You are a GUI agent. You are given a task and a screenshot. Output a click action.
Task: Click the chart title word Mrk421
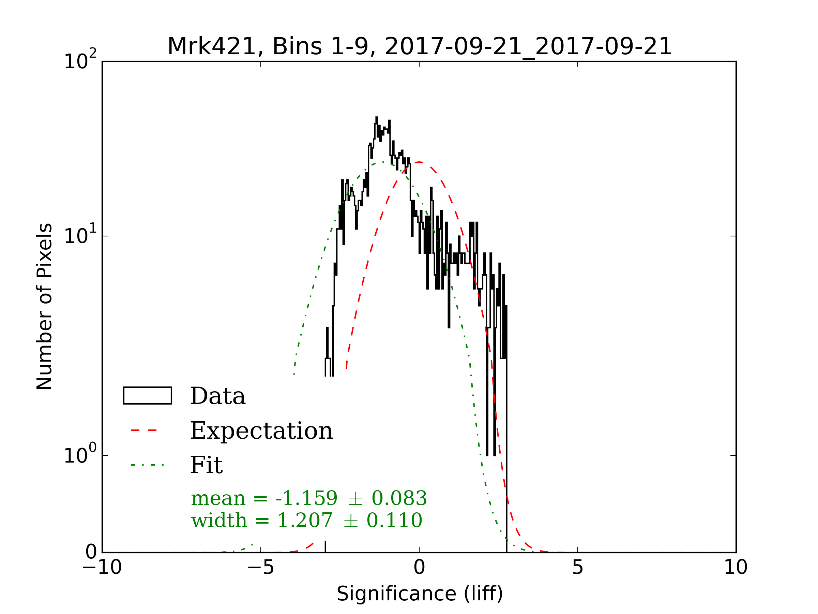(212, 47)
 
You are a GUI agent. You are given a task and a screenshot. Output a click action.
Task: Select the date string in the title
(528, 47)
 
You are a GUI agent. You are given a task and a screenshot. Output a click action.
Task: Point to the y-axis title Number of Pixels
(44, 306)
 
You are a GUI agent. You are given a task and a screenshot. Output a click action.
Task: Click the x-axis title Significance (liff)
(420, 594)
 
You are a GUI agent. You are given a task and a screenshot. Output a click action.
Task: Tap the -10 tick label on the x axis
(102, 567)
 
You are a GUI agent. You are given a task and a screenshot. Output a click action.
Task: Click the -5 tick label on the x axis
(261, 567)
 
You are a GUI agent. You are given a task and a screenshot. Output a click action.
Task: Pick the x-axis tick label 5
(578, 567)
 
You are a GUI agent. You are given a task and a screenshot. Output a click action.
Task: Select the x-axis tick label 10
(736, 567)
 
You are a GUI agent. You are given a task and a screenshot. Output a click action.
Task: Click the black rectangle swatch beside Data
(148, 396)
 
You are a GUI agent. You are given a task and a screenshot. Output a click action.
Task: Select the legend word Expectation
(261, 431)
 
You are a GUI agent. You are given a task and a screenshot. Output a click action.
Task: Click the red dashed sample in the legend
(144, 430)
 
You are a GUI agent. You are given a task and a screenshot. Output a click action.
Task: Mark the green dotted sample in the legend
(147, 465)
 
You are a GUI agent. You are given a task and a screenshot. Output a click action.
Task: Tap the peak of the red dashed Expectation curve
(419, 162)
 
